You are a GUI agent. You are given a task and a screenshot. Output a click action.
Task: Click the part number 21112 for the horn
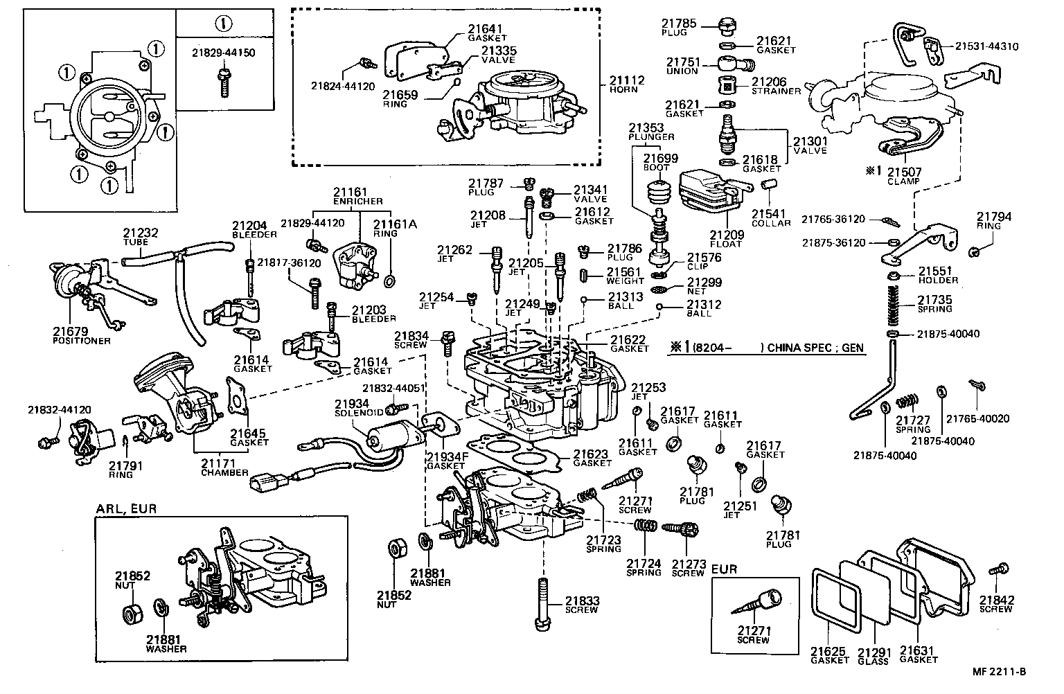pyautogui.click(x=626, y=80)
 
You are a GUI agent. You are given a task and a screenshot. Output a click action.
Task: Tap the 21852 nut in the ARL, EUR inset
pyautogui.click(x=131, y=614)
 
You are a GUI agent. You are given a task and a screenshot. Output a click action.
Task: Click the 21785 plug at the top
pyautogui.click(x=725, y=27)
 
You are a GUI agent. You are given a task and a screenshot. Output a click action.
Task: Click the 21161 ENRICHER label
pyautogui.click(x=351, y=192)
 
